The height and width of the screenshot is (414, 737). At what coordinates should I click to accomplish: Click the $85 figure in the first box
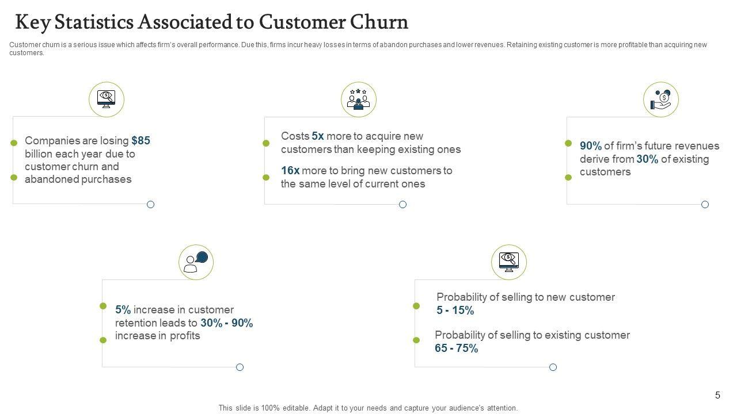(140, 141)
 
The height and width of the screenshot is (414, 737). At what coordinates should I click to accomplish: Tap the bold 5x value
(318, 136)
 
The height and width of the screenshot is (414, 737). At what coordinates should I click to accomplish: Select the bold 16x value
(290, 171)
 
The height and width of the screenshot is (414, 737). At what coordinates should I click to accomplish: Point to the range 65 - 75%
(456, 348)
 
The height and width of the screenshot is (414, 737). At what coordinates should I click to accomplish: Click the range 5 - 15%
(455, 310)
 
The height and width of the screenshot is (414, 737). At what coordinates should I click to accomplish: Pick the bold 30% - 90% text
(227, 323)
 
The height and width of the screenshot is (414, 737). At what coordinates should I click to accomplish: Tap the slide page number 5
(717, 395)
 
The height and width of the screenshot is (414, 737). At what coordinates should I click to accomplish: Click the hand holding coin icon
(660, 99)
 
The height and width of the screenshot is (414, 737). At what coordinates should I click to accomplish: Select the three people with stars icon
(358, 99)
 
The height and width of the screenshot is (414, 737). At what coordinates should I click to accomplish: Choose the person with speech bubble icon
(196, 262)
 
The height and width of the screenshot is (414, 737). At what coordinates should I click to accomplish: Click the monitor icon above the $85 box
(107, 99)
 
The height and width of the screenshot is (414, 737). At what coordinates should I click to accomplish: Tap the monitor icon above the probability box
(508, 262)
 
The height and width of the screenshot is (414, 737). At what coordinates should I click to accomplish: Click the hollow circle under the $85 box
(151, 204)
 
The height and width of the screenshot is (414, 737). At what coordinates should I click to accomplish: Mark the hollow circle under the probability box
(553, 367)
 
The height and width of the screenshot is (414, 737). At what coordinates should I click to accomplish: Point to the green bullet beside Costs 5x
(266, 143)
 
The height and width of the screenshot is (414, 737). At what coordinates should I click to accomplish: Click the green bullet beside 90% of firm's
(568, 143)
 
